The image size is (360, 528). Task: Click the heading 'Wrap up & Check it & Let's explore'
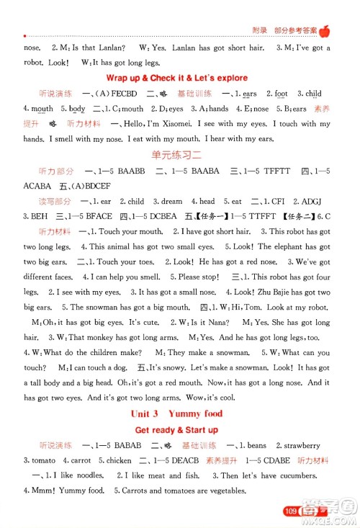[176, 78]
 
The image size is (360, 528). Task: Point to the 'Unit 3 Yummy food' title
[176, 413]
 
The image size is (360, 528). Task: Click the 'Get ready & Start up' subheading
[176, 430]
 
